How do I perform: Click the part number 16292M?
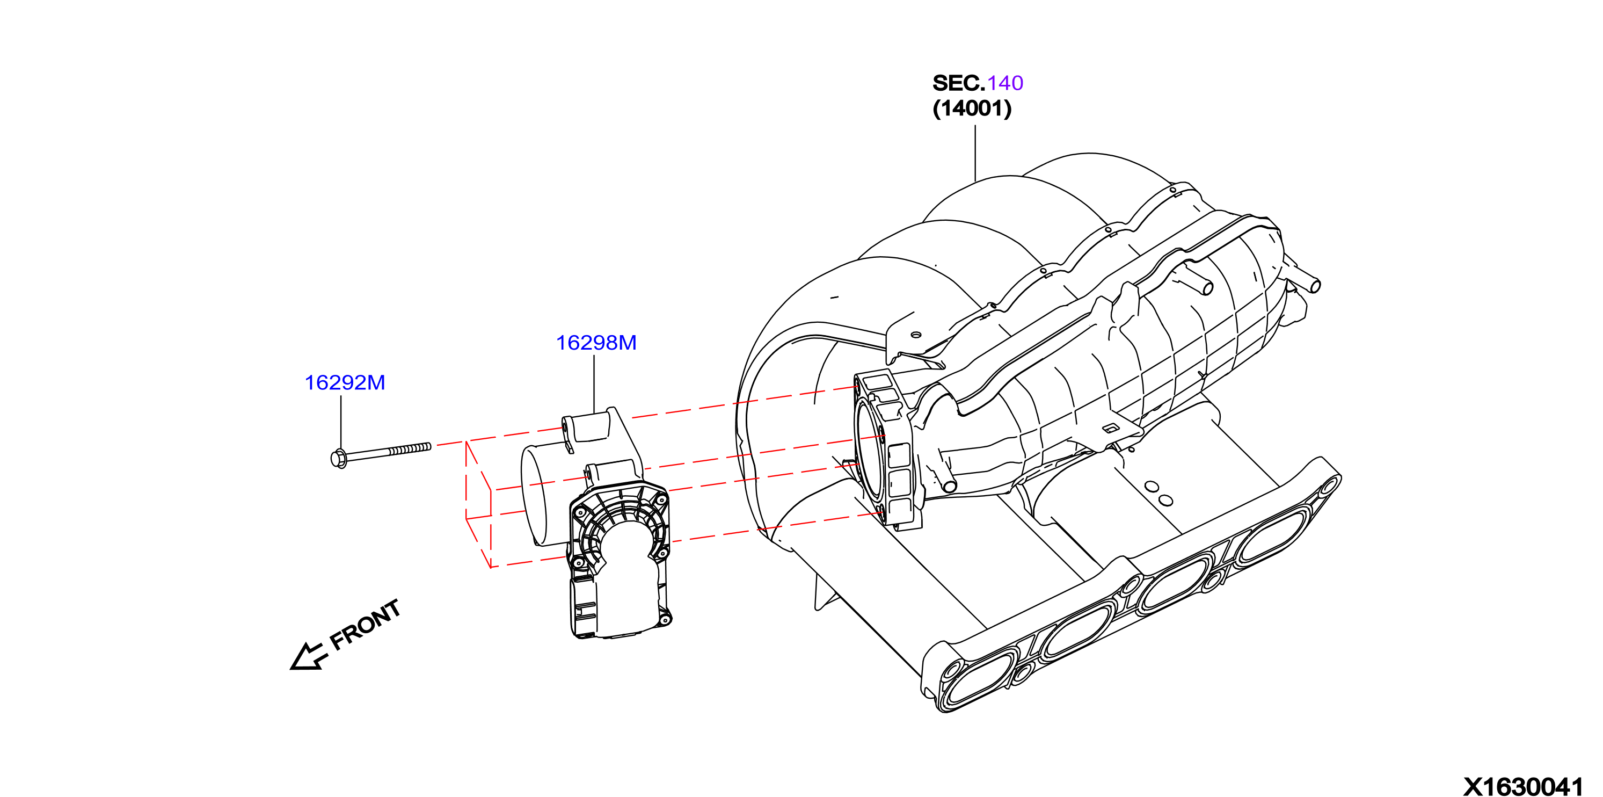pos(345,382)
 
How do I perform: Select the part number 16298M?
pos(596,343)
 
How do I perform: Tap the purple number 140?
pos(1005,83)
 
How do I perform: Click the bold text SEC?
pos(958,83)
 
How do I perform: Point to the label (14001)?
pos(972,108)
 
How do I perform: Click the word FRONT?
pos(365,625)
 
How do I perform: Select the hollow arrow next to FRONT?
pos(309,656)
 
